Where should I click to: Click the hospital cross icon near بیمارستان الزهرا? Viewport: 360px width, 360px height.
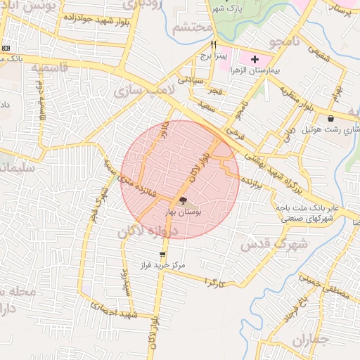[x=254, y=60]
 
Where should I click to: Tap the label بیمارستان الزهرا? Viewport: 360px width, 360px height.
[x=256, y=72]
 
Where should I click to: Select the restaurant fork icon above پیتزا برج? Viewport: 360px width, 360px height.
[x=204, y=44]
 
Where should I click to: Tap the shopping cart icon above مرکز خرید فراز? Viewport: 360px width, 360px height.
[x=163, y=255]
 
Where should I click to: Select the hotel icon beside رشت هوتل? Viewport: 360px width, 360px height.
[x=331, y=117]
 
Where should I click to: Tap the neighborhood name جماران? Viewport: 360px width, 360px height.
[x=309, y=342]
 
